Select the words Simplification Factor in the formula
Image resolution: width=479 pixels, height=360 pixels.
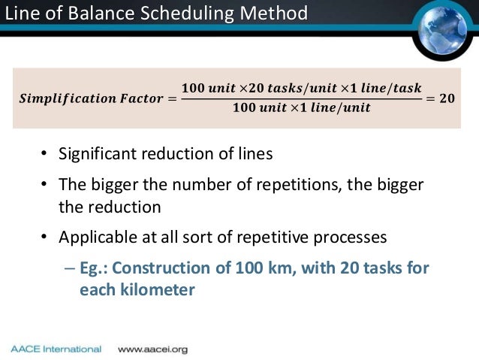point(85,98)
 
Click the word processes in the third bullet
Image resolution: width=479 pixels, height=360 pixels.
point(351,237)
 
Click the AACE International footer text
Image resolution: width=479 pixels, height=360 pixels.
point(56,349)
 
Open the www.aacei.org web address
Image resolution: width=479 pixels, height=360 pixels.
point(152,349)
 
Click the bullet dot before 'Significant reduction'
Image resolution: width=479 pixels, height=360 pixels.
point(44,156)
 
